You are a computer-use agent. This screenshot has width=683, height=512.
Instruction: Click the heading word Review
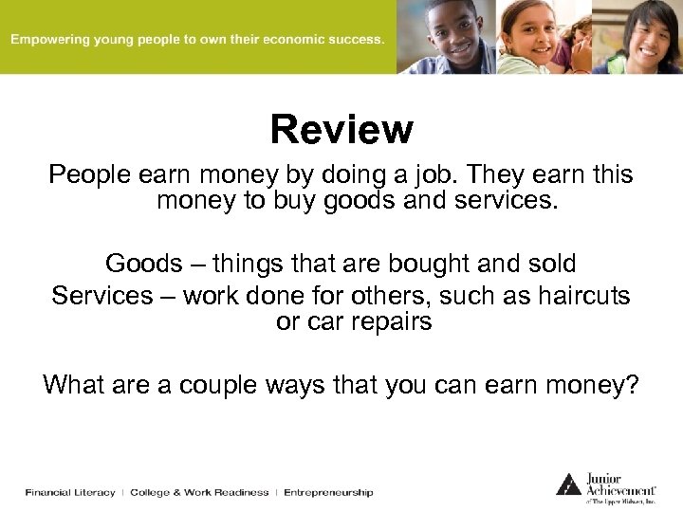341,130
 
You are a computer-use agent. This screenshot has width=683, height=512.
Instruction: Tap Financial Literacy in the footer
69,492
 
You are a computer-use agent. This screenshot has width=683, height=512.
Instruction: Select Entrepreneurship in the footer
327,492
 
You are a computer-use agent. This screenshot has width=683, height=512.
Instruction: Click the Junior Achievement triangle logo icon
568,484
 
